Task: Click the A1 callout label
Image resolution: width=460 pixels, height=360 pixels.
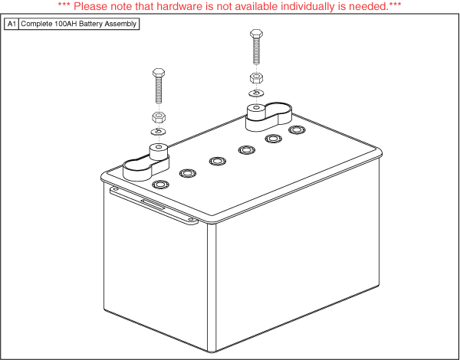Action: (11, 24)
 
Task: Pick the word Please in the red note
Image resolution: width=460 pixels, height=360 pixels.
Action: (88, 6)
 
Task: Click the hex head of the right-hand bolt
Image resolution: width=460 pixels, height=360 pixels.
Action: (256, 33)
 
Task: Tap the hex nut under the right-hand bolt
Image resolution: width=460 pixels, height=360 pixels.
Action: (256, 78)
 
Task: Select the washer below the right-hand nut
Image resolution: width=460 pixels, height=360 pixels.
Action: (256, 93)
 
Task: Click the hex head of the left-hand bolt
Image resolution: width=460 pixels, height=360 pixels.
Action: (159, 73)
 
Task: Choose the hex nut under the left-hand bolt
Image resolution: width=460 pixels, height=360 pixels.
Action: (159, 117)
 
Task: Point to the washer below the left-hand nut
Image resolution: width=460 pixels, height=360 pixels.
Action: (159, 132)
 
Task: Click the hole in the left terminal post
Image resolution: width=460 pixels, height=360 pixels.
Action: (159, 146)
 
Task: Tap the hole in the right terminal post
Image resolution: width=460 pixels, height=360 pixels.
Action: (256, 107)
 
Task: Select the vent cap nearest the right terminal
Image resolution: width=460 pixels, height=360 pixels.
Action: (297, 129)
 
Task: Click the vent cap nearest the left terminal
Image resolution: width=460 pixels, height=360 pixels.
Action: (161, 185)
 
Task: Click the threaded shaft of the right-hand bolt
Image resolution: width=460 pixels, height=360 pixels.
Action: (256, 51)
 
